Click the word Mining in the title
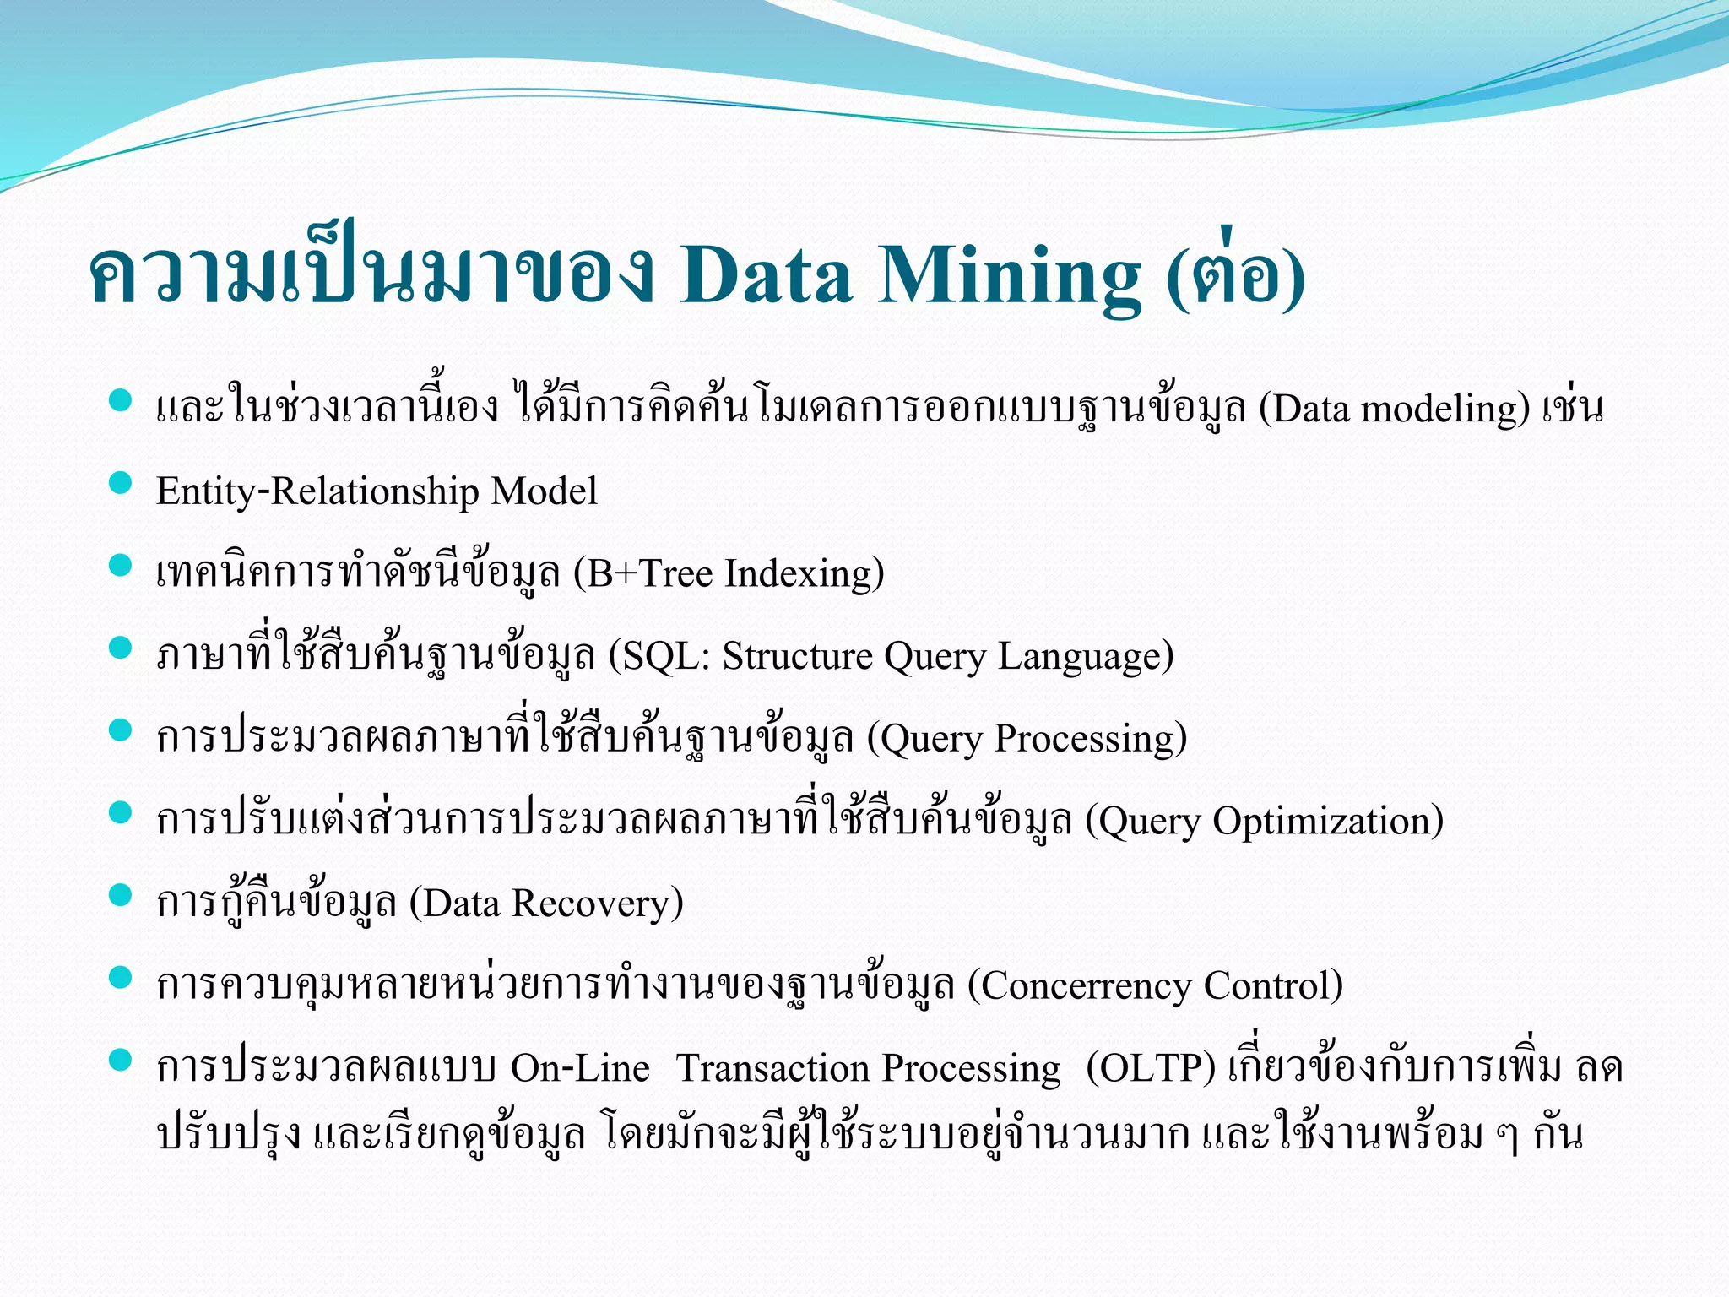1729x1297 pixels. pos(1010,276)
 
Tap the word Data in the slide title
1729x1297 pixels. pos(766,276)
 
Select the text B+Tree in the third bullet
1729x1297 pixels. pos(650,573)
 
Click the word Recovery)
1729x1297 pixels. pos(598,904)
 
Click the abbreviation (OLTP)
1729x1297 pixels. pos(1151,1068)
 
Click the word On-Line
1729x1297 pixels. pos(580,1068)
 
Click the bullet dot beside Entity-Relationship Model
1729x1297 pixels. pos(121,483)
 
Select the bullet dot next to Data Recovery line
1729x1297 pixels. pos(121,895)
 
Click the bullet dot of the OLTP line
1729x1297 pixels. pos(121,1060)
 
